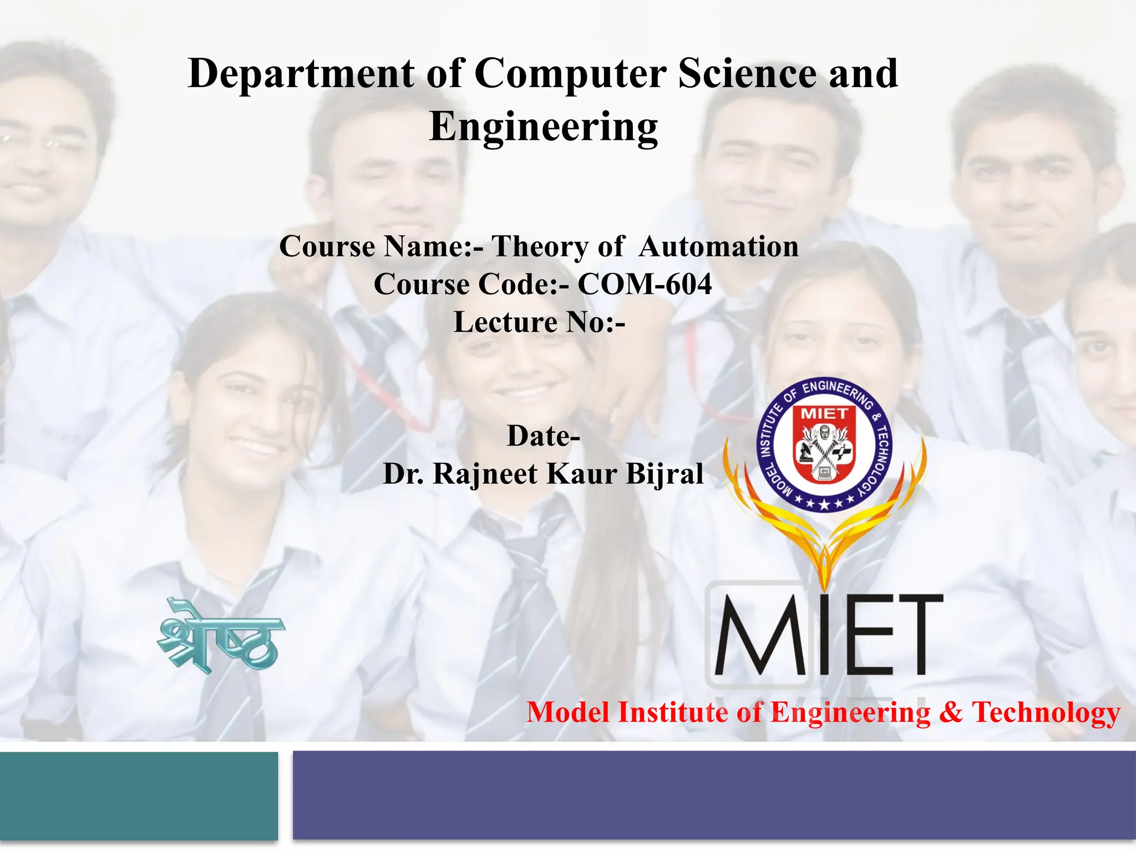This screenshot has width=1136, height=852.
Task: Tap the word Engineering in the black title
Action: (544, 127)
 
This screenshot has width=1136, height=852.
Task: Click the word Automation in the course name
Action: (718, 246)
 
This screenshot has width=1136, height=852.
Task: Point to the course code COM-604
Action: (645, 285)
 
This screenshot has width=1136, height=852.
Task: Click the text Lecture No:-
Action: (539, 322)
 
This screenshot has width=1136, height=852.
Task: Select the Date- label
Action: (544, 436)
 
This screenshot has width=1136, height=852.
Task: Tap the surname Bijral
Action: (665, 474)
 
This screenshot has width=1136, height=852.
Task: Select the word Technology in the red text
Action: (1046, 713)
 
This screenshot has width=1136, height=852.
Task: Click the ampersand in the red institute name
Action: (951, 713)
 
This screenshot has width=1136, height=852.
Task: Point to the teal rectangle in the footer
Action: (139, 795)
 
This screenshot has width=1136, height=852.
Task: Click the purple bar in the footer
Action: (714, 795)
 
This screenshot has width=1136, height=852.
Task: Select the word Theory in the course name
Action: (540, 246)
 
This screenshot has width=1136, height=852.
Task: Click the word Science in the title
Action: (748, 74)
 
